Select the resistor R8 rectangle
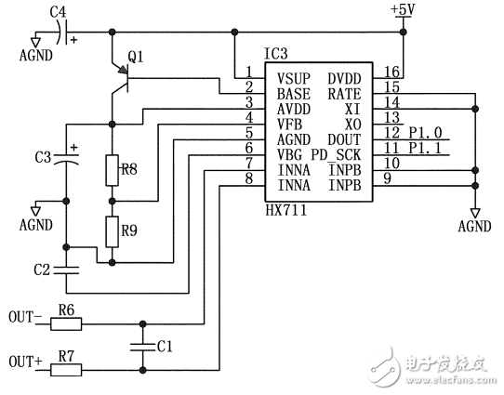point(112,170)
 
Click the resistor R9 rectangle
point(112,229)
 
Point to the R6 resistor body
point(66,324)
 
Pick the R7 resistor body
point(66,369)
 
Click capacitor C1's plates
point(142,347)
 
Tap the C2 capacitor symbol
point(67,270)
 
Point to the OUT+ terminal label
point(25,360)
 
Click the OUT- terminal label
point(25,316)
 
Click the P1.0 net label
point(427,133)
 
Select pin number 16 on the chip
point(391,72)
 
